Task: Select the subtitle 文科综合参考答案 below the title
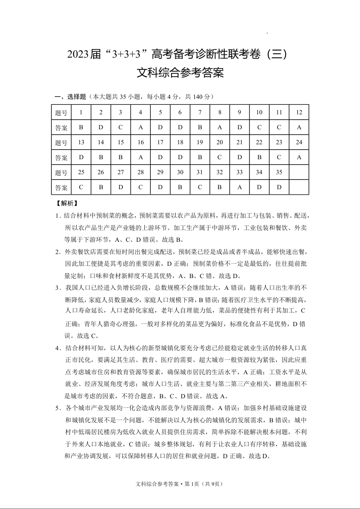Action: coord(180,73)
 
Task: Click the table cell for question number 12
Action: coord(299,113)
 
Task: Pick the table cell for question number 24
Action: coord(299,142)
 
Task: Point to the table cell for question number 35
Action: coord(279,172)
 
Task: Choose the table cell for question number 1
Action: coord(81,113)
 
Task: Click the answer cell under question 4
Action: coord(141,127)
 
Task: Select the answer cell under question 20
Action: coord(220,157)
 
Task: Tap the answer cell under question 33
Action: coord(240,187)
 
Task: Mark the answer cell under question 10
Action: coord(259,127)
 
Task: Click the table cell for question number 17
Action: coord(160,142)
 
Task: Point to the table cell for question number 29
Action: coord(160,172)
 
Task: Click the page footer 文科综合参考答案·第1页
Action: coord(179,484)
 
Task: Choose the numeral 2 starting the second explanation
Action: coord(58,252)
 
